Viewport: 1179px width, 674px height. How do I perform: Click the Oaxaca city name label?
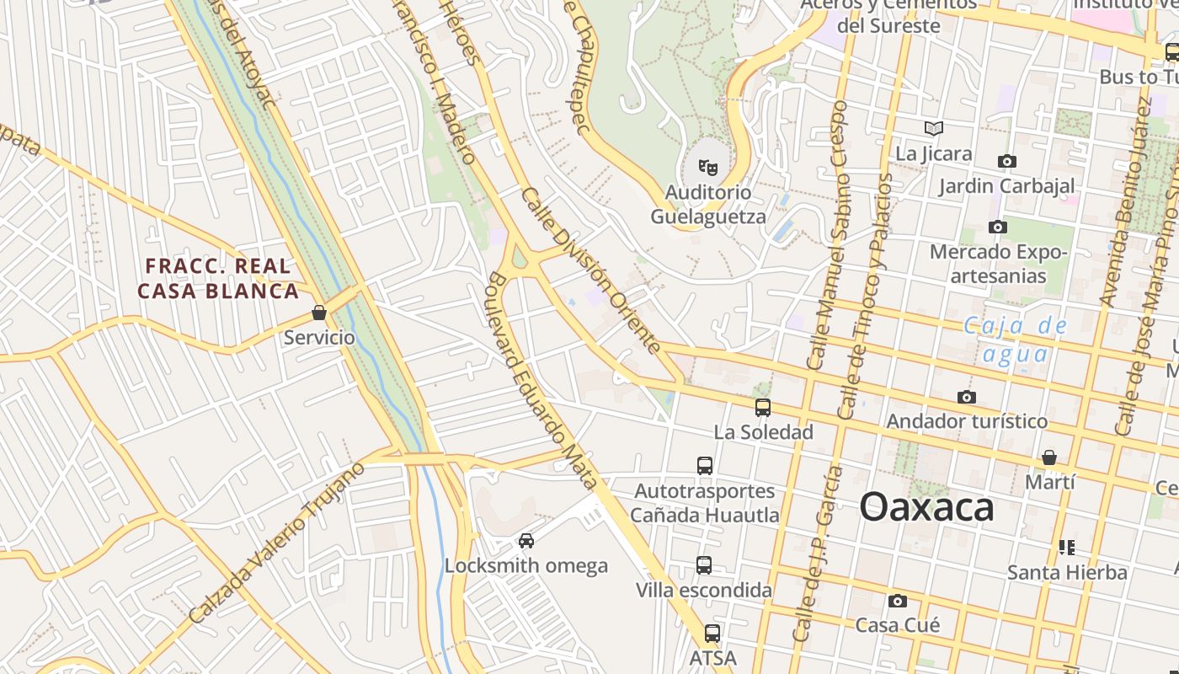coord(926,508)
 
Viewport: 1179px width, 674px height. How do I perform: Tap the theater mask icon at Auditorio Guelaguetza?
coord(708,168)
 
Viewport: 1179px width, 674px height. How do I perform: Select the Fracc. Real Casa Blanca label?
coord(218,279)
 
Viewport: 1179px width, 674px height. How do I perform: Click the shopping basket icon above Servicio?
coord(319,313)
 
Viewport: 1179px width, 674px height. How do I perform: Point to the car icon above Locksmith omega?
coord(526,541)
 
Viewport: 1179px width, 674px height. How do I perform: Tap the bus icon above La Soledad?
coord(763,408)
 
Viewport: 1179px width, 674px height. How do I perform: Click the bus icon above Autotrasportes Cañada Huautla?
coord(705,465)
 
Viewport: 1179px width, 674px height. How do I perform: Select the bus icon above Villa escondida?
coord(704,565)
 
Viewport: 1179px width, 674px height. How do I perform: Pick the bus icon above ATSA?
coord(712,634)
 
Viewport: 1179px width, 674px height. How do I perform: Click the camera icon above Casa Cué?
coord(898,601)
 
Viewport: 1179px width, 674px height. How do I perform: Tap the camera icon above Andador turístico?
coord(967,397)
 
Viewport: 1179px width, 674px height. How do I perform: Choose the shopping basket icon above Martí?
coord(1049,457)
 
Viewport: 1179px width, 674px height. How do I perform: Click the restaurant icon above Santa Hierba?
coord(1067,548)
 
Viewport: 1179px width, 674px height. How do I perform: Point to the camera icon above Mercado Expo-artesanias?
coord(998,227)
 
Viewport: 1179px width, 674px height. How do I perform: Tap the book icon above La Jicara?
coord(933,128)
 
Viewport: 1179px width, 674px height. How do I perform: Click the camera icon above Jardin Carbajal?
coord(1006,161)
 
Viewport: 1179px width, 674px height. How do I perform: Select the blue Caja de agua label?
coord(1015,340)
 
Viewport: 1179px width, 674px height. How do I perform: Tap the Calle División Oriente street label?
coord(591,270)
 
